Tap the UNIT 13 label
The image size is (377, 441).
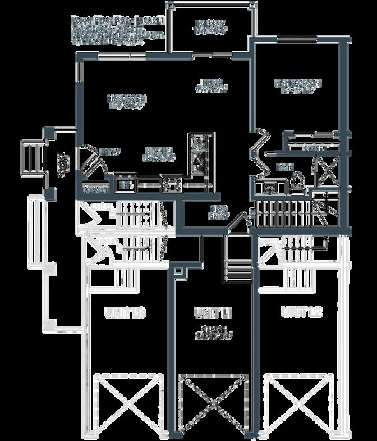pos(125,313)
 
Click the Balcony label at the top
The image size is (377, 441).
pos(210,26)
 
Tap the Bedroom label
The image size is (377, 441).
pos(297,86)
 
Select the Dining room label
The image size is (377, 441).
pos(212,84)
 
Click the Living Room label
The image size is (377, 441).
pos(127,101)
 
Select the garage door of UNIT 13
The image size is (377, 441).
pos(128,402)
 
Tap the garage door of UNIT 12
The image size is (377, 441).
pos(298,402)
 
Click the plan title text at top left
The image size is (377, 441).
pos(118,31)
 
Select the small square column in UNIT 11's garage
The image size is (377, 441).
pos(178,272)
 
